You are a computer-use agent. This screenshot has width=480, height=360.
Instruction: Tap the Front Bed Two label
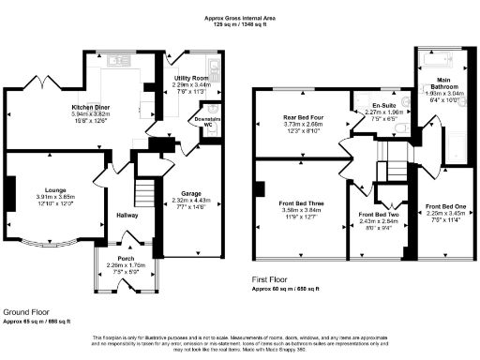380,217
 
